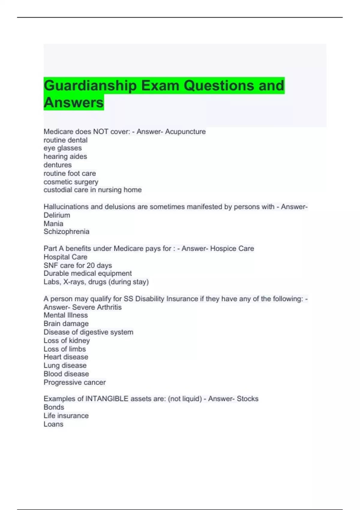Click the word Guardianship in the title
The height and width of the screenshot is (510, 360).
click(90, 86)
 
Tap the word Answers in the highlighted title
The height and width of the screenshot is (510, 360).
click(74, 103)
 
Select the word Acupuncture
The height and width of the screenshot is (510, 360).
click(185, 132)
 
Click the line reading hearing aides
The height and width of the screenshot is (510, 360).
click(65, 157)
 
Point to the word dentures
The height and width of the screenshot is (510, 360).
click(58, 165)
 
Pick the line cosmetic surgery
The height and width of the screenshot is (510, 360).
click(71, 182)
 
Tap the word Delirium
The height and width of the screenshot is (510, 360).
click(57, 215)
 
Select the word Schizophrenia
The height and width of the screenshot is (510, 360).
click(66, 232)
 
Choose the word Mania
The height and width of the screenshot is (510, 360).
click(53, 223)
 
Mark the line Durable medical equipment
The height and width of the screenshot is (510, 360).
click(88, 273)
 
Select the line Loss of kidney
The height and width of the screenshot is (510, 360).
click(67, 340)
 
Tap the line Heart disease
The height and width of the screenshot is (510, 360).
click(66, 357)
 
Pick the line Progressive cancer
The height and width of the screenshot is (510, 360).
click(74, 382)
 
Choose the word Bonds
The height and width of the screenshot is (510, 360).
click(54, 407)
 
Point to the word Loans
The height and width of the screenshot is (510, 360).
click(53, 424)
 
